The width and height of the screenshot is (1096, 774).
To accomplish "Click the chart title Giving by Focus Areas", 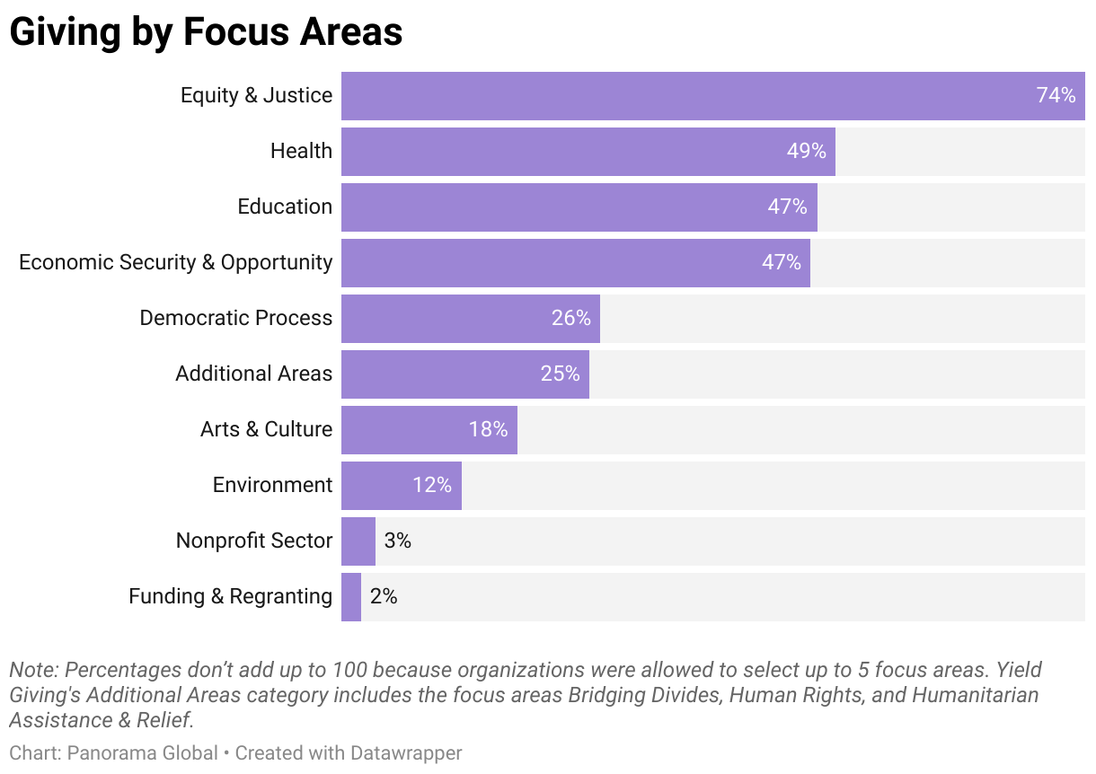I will (206, 32).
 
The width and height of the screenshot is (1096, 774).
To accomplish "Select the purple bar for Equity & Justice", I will (683, 96).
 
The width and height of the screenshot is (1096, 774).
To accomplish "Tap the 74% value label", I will (1056, 95).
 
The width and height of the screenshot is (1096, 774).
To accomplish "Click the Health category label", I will (301, 151).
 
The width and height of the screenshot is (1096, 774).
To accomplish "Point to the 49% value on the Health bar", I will (806, 151).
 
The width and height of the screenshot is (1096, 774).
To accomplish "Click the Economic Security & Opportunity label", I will (176, 262).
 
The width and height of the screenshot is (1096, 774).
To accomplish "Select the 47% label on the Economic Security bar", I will (781, 262).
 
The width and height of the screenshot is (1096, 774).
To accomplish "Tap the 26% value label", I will (570, 318).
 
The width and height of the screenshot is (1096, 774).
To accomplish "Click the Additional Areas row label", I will (253, 374).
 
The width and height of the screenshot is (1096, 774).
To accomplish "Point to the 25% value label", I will (560, 374).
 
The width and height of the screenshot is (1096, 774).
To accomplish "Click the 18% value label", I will (488, 429).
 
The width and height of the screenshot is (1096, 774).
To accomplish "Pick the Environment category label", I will (272, 485).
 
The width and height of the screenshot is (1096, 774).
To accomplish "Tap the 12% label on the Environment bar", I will (431, 485).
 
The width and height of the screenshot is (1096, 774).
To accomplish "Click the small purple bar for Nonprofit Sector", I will (358, 541).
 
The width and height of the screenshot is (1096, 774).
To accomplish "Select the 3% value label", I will (397, 541).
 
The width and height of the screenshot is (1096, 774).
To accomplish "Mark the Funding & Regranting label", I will (230, 596).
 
